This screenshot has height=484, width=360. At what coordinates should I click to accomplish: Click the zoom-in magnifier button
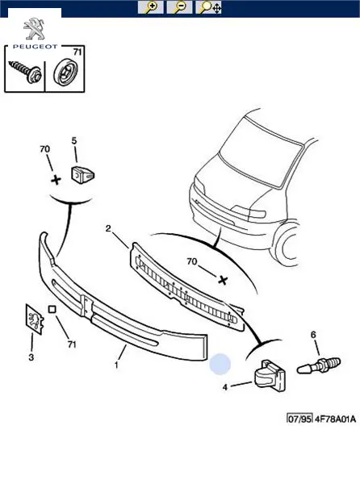pos(150,7)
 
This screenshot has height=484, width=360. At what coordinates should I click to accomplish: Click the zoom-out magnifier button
pos(179,7)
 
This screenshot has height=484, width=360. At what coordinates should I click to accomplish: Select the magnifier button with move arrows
pos(209,7)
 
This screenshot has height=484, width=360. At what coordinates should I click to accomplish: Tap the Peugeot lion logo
pos(34,29)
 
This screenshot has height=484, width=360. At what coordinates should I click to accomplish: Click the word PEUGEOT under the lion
pos(35,47)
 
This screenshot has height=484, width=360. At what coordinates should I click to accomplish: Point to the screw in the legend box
pos(25,72)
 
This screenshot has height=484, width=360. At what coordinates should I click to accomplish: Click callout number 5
pos(74,140)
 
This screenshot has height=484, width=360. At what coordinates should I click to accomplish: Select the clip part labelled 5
pos(83,175)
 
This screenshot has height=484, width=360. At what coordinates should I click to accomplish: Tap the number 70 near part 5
pos(44,149)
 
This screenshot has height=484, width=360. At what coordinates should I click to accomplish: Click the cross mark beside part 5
pos(56,180)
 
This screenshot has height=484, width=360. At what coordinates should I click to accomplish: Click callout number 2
pos(108,229)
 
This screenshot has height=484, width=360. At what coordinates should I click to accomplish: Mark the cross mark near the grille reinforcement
pos(223,280)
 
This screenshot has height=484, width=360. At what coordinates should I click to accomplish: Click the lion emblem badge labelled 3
pos(34,319)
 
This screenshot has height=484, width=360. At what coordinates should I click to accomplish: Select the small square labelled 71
pos(52,309)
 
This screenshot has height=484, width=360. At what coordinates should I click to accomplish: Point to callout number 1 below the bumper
pos(116,365)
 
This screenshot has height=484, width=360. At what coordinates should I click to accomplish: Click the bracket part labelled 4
pos(270,375)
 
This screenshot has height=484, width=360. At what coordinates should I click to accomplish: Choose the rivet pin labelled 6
pos(319,365)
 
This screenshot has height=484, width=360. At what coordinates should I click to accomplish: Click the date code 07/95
pos(299,419)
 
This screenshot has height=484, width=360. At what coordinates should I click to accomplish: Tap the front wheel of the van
pos(287,246)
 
